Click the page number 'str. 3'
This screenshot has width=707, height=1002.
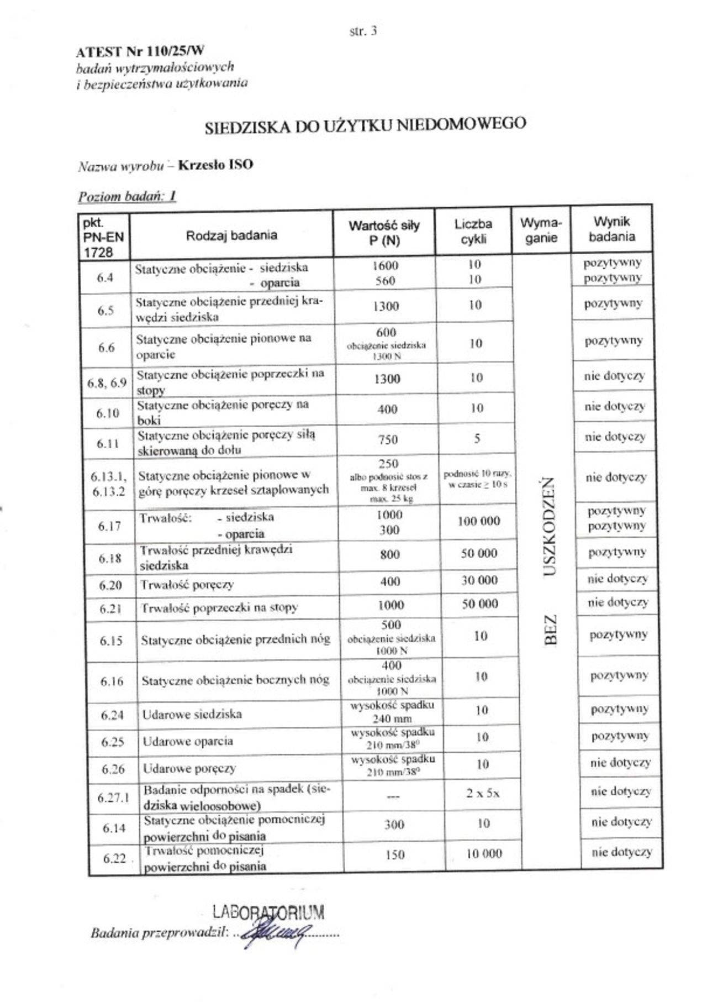(363, 32)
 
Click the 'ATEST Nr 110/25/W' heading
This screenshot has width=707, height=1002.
(140, 52)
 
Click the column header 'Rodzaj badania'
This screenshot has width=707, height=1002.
(231, 235)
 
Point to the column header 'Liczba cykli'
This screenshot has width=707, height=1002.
(473, 232)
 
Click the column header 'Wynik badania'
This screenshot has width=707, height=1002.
(611, 229)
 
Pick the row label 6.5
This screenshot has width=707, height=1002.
(105, 311)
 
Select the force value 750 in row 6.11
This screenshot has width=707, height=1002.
(388, 439)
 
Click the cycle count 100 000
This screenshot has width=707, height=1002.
(479, 521)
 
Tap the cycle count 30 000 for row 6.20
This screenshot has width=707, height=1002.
(479, 580)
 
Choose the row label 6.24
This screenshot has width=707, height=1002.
(112, 715)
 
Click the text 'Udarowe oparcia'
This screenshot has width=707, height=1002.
(188, 741)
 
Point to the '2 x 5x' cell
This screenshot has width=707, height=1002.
(482, 794)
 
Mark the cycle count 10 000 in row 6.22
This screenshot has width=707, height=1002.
(484, 854)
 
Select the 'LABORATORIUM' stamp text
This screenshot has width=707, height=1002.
(268, 911)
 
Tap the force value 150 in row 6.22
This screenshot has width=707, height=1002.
(395, 854)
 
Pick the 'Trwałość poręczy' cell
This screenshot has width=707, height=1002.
(187, 584)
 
